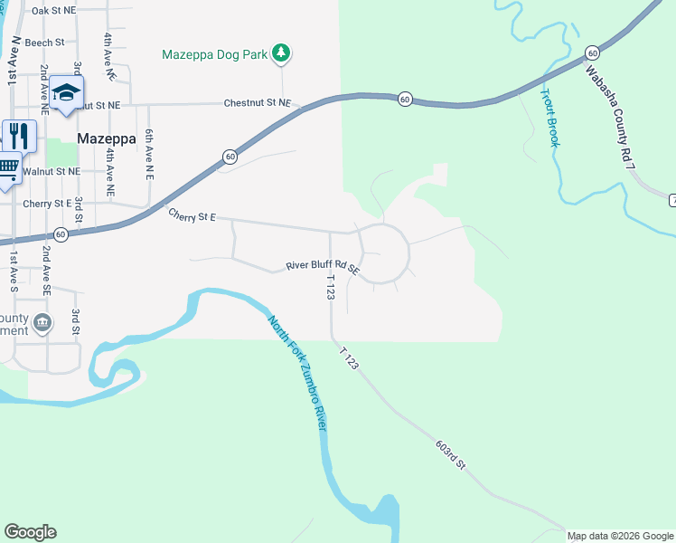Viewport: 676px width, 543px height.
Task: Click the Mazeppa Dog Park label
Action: pos(214,54)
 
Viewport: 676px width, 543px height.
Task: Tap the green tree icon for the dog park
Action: pos(282,53)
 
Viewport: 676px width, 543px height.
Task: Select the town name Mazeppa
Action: pos(106,139)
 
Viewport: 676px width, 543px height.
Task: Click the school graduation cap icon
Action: pos(66,93)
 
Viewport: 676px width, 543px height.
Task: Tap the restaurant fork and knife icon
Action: pos(18,136)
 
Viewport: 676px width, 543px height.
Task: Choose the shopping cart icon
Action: pos(7,167)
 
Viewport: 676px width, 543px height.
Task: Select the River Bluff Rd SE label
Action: pos(323,267)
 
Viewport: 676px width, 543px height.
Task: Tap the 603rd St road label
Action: pos(449,455)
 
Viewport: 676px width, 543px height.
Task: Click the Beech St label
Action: pos(45,43)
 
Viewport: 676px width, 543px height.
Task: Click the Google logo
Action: pos(30,532)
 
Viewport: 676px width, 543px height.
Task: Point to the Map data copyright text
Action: pos(621,536)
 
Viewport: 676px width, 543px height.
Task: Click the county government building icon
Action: pos(42,323)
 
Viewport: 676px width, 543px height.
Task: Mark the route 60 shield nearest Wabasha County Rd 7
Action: pos(591,52)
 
